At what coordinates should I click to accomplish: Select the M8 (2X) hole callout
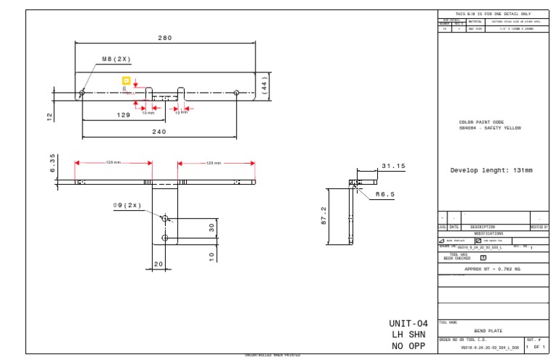pyautogui.click(x=116, y=59)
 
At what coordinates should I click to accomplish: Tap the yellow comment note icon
pyautogui.click(x=126, y=81)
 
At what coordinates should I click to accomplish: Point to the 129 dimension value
pyautogui.click(x=125, y=115)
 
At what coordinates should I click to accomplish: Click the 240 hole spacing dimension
pyautogui.click(x=159, y=131)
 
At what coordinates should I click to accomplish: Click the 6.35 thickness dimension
pyautogui.click(x=51, y=164)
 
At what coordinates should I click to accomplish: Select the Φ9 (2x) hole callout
pyautogui.click(x=127, y=205)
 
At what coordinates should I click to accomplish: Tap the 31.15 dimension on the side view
pyautogui.click(x=393, y=166)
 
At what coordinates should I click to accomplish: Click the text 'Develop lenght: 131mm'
pyautogui.click(x=491, y=170)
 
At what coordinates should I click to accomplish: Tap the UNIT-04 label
pyautogui.click(x=408, y=323)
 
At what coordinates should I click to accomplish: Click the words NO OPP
pyautogui.click(x=408, y=346)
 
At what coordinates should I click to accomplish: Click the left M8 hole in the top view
pyautogui.click(x=83, y=92)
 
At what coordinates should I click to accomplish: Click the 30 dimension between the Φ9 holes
pyautogui.click(x=212, y=227)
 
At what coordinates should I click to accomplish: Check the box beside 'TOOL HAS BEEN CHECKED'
pyautogui.click(x=483, y=257)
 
